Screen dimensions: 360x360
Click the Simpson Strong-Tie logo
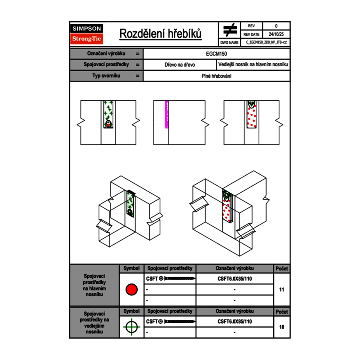(x=87, y=34)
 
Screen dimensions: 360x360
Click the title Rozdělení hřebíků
(x=160, y=34)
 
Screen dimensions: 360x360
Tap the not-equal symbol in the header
(x=230, y=30)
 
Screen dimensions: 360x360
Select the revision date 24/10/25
(x=276, y=34)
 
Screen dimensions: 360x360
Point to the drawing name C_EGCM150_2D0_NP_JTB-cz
(x=266, y=42)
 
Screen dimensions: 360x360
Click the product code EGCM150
(x=216, y=54)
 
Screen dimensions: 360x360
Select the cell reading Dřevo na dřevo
(x=180, y=65)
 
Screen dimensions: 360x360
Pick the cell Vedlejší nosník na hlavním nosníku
(x=253, y=65)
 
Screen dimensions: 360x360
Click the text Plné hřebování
(x=216, y=76)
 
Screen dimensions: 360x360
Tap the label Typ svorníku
(x=106, y=76)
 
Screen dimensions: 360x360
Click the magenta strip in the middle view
(x=166, y=115)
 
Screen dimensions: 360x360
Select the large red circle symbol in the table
(x=131, y=290)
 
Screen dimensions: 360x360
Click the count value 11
(x=281, y=290)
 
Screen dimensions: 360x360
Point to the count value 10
(x=281, y=327)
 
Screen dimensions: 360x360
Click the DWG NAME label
(x=229, y=42)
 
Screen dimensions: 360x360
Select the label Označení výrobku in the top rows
(x=106, y=54)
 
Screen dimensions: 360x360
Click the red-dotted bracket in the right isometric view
(x=227, y=207)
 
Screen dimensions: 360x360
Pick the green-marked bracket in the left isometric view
(x=131, y=204)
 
